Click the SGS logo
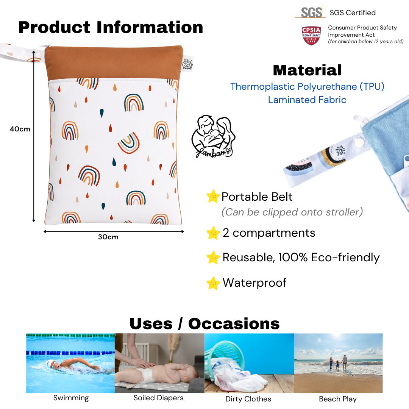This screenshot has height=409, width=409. click(311, 12)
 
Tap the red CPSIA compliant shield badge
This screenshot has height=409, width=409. click(311, 36)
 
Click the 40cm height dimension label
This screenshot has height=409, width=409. click(20, 129)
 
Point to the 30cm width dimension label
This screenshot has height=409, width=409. click(108, 237)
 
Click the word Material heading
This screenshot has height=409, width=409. click(307, 70)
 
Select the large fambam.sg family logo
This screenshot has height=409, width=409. click(213, 136)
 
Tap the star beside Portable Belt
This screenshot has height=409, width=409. click(213, 196)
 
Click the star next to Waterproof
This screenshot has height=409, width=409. click(213, 283)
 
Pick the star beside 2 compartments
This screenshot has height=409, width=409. click(213, 233)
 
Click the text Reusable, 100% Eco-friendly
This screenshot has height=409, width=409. click(301, 258)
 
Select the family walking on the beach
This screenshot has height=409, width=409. click(338, 362)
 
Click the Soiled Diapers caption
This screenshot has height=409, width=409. click(158, 398)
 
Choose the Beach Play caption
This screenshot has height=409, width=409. click(338, 399)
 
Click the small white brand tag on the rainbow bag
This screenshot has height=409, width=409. click(187, 64)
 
